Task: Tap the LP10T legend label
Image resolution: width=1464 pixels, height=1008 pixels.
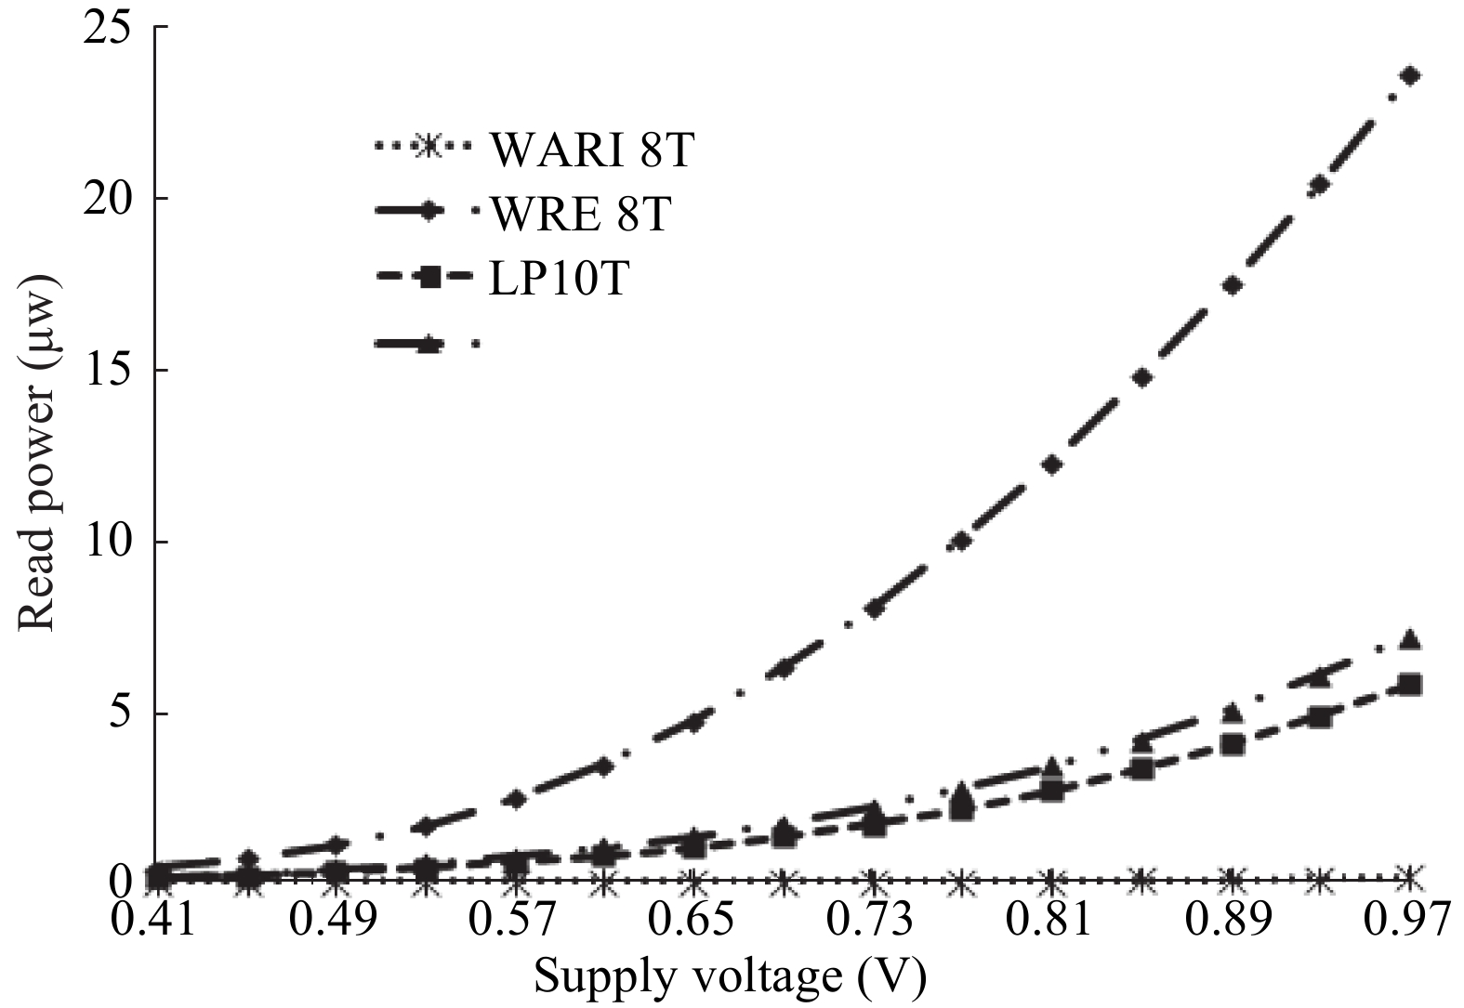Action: coord(559,278)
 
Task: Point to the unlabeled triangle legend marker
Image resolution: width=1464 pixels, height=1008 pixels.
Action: coord(429,344)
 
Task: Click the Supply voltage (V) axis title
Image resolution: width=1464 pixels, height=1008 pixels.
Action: coord(731,976)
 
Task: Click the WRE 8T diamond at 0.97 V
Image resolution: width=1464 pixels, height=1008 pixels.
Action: coord(1410,75)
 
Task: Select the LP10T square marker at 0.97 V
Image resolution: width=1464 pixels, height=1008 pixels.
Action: coord(1410,685)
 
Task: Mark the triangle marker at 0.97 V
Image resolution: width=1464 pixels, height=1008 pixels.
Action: coord(1410,639)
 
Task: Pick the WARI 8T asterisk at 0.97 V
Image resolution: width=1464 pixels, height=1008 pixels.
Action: coord(1410,876)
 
